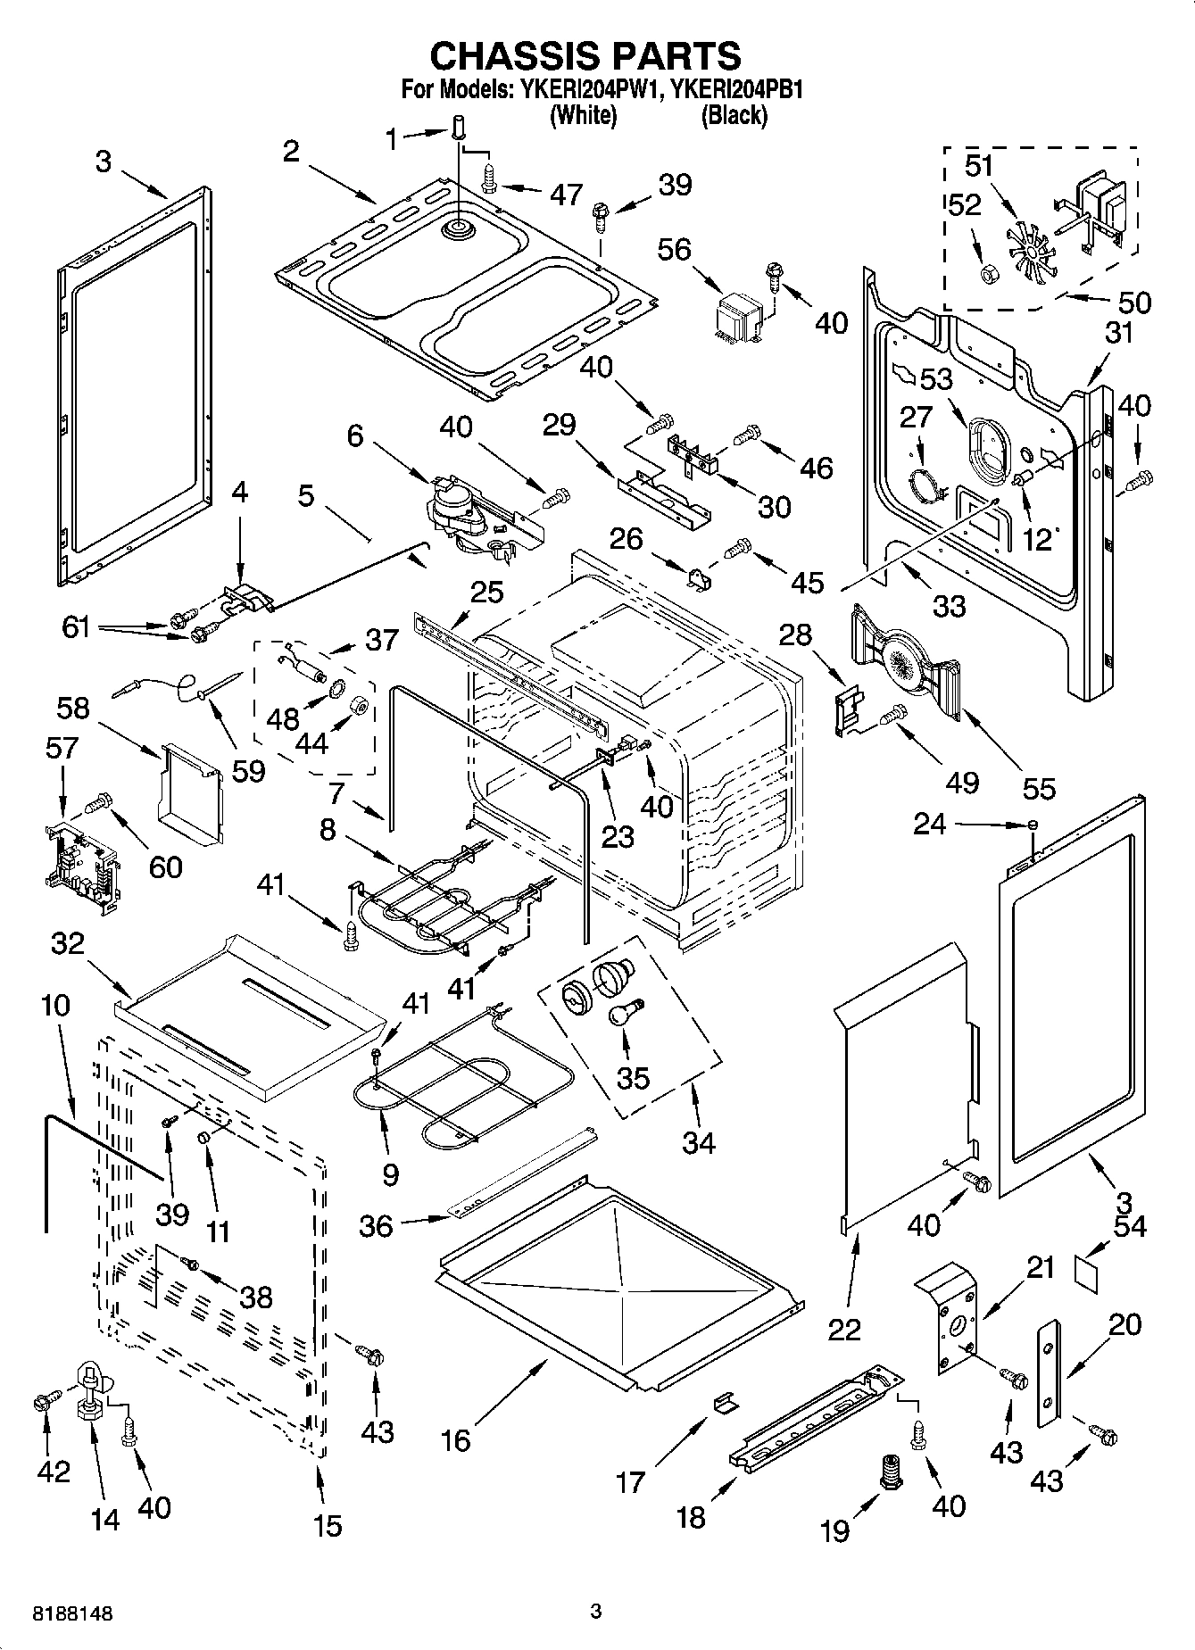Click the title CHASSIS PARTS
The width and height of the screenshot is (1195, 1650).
tap(585, 55)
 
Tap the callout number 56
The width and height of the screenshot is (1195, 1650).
tap(675, 250)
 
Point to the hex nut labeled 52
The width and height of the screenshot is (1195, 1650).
tap(988, 275)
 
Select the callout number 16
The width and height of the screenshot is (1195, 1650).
tap(456, 1440)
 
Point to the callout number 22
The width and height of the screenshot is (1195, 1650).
tap(844, 1329)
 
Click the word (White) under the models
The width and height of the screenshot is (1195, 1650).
tap(584, 114)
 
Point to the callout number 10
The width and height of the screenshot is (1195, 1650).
tap(55, 1006)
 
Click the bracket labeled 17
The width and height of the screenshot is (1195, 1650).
tap(726, 1402)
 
